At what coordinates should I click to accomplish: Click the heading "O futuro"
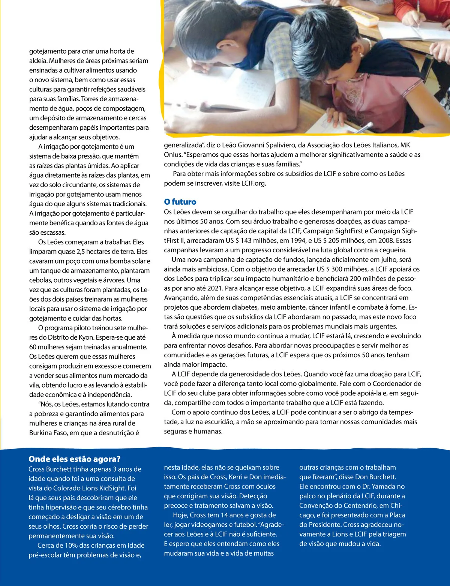pos(180,202)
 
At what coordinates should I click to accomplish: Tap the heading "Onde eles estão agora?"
pos(75,459)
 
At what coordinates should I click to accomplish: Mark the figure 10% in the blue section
pos(72,545)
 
